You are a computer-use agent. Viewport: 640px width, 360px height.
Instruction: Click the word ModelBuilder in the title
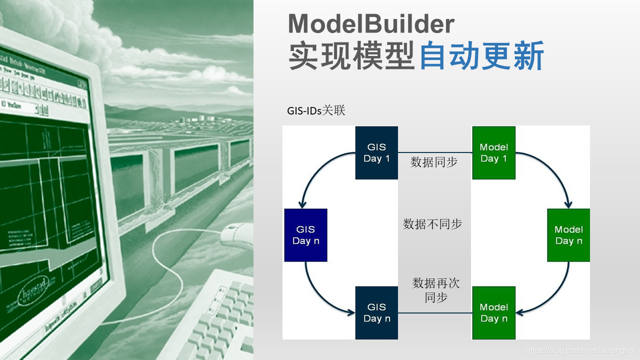pyautogui.click(x=371, y=24)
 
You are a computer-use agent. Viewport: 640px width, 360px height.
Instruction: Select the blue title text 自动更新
pyautogui.click(x=481, y=56)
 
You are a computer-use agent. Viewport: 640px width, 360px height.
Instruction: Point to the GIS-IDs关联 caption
pyautogui.click(x=316, y=110)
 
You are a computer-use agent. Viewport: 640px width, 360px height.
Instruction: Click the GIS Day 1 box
pyautogui.click(x=376, y=152)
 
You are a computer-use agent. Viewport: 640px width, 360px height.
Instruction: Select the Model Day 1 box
pyautogui.click(x=493, y=152)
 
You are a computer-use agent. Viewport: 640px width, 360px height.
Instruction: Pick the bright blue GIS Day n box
pyautogui.click(x=305, y=235)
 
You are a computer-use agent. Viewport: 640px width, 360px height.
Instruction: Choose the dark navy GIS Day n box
pyautogui.click(x=376, y=313)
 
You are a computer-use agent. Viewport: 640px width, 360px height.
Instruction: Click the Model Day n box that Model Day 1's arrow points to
pyautogui.click(x=568, y=235)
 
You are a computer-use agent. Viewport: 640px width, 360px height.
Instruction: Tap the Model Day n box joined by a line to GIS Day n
pyautogui.click(x=493, y=313)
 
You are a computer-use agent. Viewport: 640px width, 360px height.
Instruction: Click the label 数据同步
pyautogui.click(x=434, y=162)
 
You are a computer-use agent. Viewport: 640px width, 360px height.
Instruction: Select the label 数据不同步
pyautogui.click(x=432, y=224)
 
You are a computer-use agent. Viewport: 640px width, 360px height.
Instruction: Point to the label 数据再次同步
pyautogui.click(x=435, y=290)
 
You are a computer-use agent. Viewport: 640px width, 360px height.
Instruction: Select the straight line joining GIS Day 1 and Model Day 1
pyautogui.click(x=435, y=152)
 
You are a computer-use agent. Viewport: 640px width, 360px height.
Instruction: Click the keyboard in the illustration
pyautogui.click(x=220, y=315)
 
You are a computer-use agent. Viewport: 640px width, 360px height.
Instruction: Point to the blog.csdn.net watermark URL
pyautogui.click(x=580, y=351)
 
